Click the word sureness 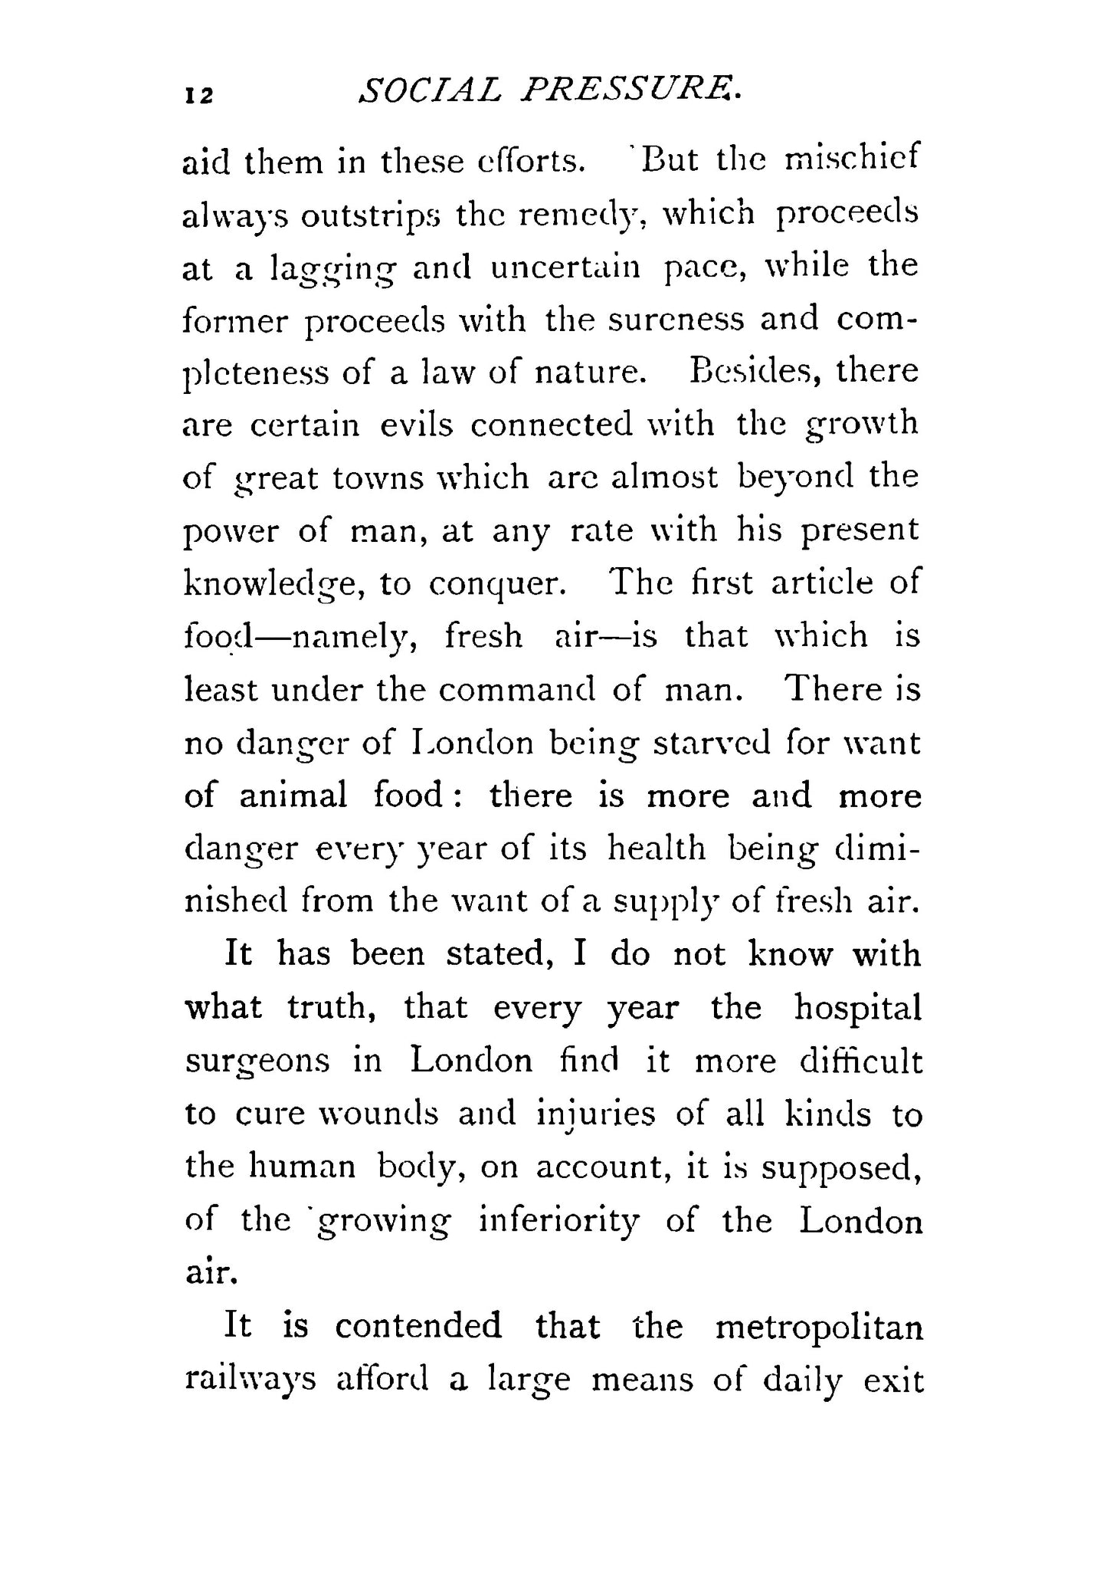675,318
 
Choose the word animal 293,796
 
